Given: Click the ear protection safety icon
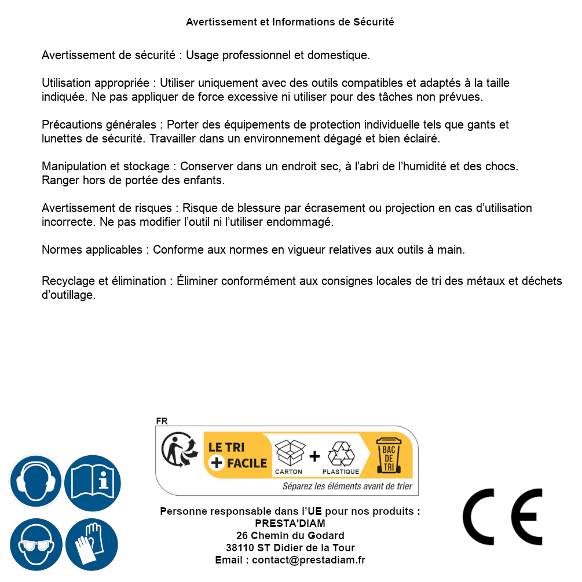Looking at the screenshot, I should (36, 481).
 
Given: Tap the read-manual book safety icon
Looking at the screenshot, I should (93, 481).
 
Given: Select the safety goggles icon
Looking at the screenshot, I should (36, 544).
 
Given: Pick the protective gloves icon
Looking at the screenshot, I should (93, 544).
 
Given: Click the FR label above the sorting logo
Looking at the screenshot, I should (162, 421).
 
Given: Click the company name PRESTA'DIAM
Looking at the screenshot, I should (290, 524).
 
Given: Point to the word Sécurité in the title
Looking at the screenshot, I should (374, 22).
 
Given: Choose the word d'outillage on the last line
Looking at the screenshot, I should (68, 295).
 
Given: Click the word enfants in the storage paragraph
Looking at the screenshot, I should (204, 180).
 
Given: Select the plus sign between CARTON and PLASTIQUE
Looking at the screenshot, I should (314, 456).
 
